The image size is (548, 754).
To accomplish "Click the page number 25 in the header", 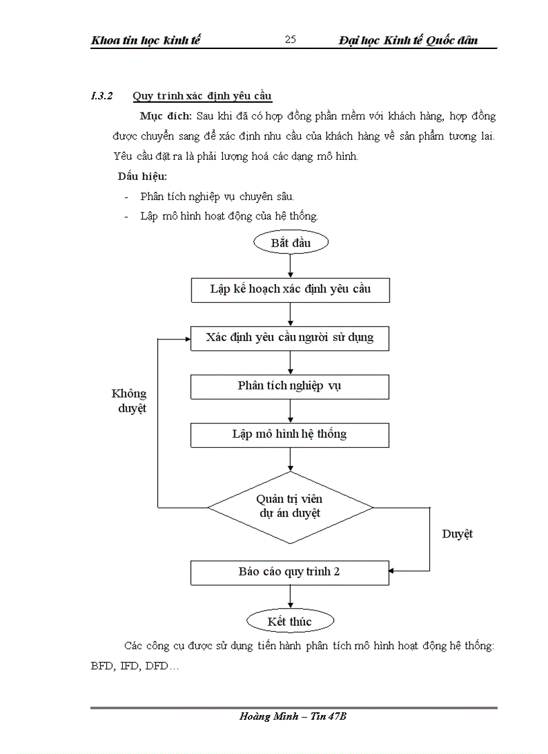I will point(290,40).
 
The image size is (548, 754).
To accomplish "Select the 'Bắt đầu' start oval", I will point(290,243).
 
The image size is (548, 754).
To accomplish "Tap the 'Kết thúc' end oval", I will point(290,622).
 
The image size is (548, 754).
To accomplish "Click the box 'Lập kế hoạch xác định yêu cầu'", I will point(290,290).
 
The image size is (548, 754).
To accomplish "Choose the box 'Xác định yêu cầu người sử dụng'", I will point(290,338).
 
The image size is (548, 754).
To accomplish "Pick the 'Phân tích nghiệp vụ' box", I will point(290,386).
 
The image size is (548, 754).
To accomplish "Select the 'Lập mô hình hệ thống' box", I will point(290,434).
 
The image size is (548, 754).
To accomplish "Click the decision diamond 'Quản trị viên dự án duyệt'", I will point(290,506).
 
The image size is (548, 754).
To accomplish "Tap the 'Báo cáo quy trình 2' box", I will point(290,572).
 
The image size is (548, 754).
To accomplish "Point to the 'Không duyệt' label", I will point(129,401).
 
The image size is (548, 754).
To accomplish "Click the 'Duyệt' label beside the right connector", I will point(457,534).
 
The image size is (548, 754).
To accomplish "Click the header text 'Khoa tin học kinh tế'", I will point(146,40).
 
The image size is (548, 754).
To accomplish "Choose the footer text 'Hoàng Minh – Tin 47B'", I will point(293,717).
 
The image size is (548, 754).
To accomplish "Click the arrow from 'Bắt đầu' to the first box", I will point(290,266).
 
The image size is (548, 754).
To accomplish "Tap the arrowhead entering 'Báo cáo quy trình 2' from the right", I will point(394,572).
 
